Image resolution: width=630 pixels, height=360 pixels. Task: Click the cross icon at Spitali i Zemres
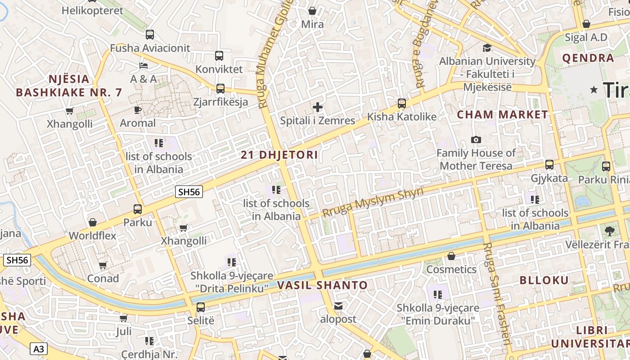tap(318, 107)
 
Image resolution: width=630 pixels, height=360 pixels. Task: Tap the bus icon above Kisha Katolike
tap(402, 103)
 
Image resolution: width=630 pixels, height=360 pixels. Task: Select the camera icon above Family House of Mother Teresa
tap(476, 140)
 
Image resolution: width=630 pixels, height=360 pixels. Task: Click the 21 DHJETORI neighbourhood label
tap(279, 155)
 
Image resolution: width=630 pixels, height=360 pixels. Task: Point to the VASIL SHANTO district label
tap(322, 285)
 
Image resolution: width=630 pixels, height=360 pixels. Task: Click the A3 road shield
tap(39, 349)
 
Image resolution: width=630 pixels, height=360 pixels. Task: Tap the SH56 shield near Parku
tap(189, 192)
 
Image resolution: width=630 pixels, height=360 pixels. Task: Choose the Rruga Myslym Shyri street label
tap(373, 202)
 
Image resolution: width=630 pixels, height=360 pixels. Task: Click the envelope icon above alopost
tap(338, 306)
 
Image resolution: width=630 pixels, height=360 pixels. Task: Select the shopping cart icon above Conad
tap(103, 265)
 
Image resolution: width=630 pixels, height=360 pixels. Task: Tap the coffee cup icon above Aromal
tap(138, 110)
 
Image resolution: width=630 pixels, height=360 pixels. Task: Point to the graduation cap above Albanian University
tap(487, 48)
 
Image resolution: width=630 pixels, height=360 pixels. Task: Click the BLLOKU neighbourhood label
tap(544, 280)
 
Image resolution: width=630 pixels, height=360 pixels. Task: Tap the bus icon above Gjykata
tap(549, 165)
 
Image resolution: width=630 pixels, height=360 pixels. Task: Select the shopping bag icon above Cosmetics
tap(451, 256)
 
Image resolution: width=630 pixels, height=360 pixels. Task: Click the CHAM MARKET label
tap(503, 115)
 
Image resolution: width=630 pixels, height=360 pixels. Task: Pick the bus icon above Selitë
tap(201, 307)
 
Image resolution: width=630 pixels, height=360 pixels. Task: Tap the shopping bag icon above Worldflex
tap(92, 222)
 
